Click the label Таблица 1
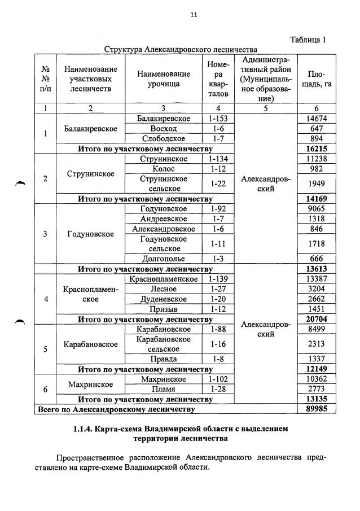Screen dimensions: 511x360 coord(308,40)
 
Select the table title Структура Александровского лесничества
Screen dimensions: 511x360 coord(180,50)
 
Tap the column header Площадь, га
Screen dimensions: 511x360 coord(317,79)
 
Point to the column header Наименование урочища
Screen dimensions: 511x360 coord(164,79)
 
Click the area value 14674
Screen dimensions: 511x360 coord(317,119)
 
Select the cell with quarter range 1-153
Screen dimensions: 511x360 coord(217,119)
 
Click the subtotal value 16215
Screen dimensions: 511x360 coord(317,149)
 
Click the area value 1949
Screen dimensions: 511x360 coord(317,184)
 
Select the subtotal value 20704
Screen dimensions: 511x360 coord(317,319)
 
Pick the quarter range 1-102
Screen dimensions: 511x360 coord(217,379)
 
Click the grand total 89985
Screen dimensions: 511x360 coord(317,409)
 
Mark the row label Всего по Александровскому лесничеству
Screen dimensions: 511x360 coord(116,409)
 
